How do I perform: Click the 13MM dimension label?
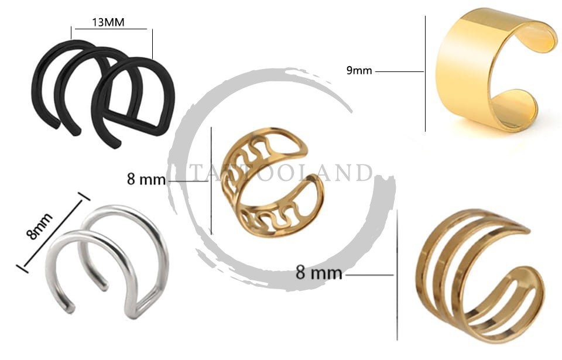pyautogui.click(x=108, y=22)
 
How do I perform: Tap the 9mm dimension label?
pyautogui.click(x=359, y=70)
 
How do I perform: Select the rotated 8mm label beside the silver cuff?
pyautogui.click(x=39, y=226)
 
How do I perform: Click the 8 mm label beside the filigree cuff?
pyautogui.click(x=146, y=179)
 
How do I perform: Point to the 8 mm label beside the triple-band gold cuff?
pyautogui.click(x=318, y=273)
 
